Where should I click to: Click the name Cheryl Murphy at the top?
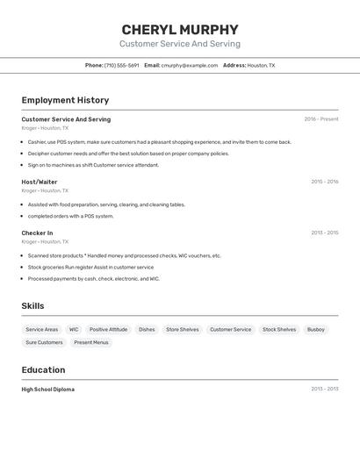click(180, 29)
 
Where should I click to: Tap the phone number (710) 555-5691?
click(121, 65)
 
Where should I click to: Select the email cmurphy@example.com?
click(189, 65)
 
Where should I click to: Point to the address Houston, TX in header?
click(261, 65)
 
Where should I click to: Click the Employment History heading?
click(65, 100)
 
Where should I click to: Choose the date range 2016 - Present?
click(320, 119)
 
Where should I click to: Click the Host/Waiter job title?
click(40, 182)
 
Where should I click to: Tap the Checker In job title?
click(37, 232)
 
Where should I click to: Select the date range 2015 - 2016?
click(324, 182)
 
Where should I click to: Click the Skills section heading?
click(33, 305)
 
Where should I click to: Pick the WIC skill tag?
click(74, 330)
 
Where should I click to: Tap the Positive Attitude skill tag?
click(108, 330)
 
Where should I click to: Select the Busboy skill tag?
click(316, 330)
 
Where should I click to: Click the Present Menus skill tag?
click(91, 342)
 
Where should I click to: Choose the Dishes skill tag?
click(147, 330)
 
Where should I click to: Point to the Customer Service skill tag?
click(230, 330)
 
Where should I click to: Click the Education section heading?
click(43, 369)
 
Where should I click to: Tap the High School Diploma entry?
click(48, 389)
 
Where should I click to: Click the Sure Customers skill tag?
click(44, 342)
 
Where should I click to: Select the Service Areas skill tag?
click(42, 330)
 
